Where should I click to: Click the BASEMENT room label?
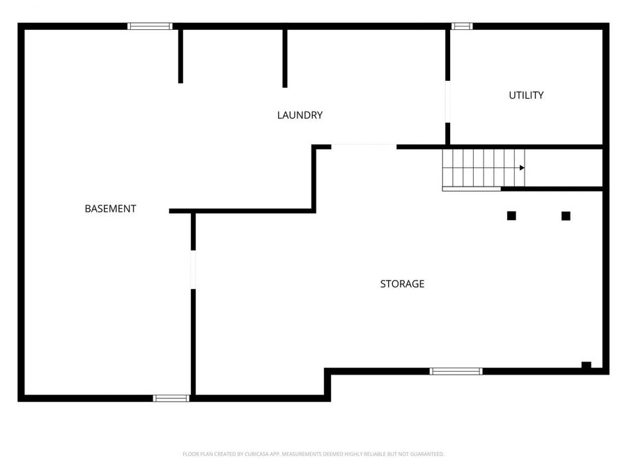(x=110, y=208)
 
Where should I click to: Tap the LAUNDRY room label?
(x=300, y=115)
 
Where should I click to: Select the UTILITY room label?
(x=526, y=95)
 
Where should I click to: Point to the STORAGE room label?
(x=402, y=284)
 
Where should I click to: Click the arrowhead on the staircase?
(x=522, y=168)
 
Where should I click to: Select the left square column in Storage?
(x=511, y=216)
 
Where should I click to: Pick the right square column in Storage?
(x=566, y=216)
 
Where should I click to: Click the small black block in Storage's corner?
(x=587, y=365)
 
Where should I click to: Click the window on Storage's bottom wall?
(x=456, y=371)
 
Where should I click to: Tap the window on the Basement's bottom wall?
(x=171, y=398)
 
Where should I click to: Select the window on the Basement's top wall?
(x=150, y=26)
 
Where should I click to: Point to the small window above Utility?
(x=462, y=26)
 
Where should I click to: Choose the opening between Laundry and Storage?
(x=364, y=146)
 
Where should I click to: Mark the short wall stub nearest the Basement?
(x=180, y=56)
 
